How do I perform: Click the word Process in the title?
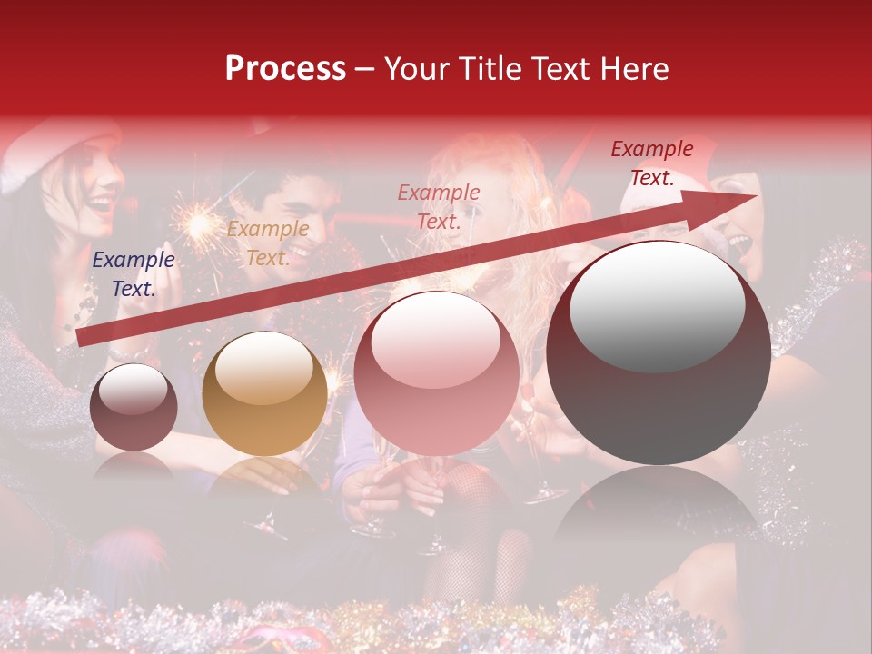pyautogui.click(x=285, y=69)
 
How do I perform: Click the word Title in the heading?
pyautogui.click(x=491, y=69)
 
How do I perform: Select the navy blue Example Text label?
pyautogui.click(x=134, y=274)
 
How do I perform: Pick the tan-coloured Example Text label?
pyautogui.click(x=267, y=243)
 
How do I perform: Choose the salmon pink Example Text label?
pyautogui.click(x=439, y=206)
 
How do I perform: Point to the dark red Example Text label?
pyautogui.click(x=652, y=163)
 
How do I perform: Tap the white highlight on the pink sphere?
pyautogui.click(x=435, y=339)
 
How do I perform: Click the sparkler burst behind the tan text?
pyautogui.click(x=194, y=222)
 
